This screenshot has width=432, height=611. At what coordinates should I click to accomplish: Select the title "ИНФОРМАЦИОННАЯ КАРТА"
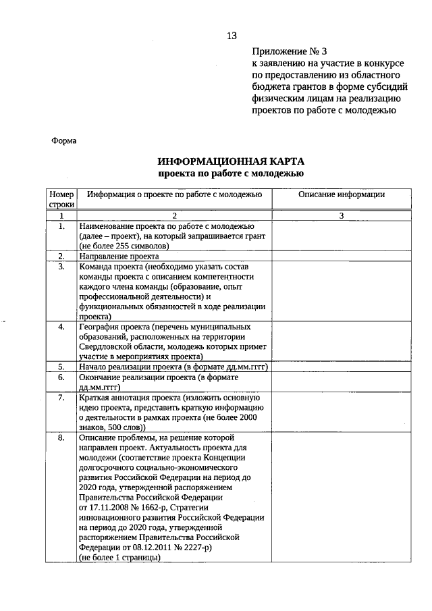click(x=231, y=161)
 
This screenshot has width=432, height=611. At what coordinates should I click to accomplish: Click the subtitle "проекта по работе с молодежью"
click(x=231, y=174)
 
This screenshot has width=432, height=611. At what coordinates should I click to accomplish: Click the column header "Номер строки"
click(x=61, y=199)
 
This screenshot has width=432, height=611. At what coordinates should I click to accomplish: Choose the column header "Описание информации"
click(x=341, y=194)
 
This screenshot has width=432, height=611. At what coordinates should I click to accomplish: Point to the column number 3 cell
click(x=341, y=215)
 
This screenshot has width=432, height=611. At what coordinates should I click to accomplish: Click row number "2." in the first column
click(x=61, y=256)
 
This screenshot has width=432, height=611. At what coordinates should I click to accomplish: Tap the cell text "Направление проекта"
click(x=119, y=256)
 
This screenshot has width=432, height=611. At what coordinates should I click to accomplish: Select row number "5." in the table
click(x=61, y=367)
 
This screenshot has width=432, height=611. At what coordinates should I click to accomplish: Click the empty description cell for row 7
click(x=341, y=412)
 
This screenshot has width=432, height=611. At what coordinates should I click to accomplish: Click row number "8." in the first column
click(x=61, y=437)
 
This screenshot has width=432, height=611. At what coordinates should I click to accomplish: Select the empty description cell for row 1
click(x=341, y=236)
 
